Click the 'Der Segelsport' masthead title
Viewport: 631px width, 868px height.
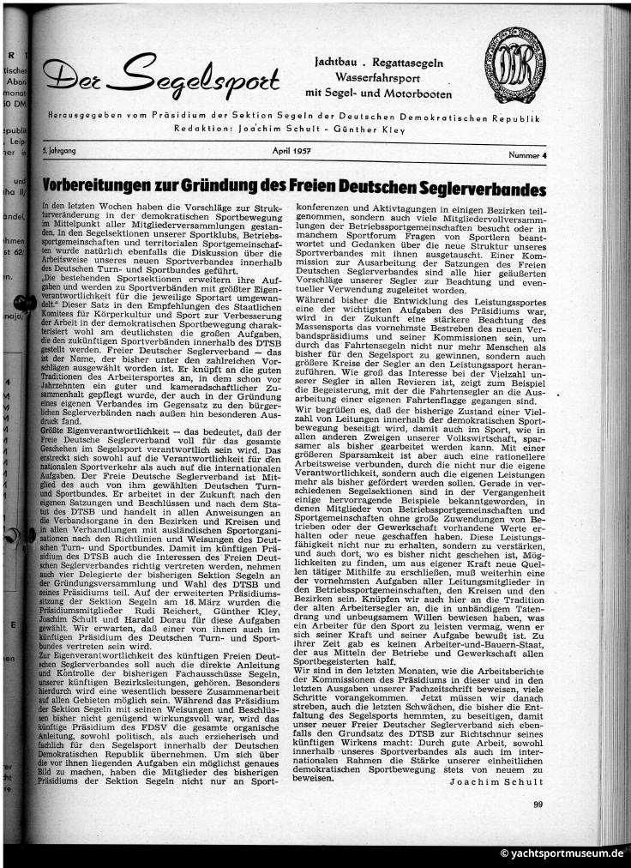(x=161, y=76)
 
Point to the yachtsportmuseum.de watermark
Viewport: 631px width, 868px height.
(x=562, y=853)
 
